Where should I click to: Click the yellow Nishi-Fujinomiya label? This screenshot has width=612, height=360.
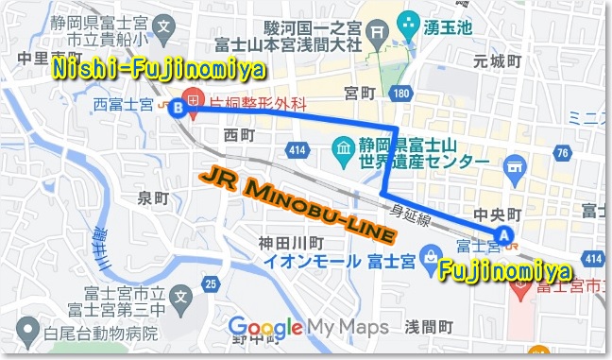156,70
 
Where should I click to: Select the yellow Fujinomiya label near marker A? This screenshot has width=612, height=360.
504,271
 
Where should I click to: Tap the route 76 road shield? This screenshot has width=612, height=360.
564,154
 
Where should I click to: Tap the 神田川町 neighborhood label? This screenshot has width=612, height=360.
286,243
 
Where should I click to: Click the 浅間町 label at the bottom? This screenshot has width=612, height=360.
429,326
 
